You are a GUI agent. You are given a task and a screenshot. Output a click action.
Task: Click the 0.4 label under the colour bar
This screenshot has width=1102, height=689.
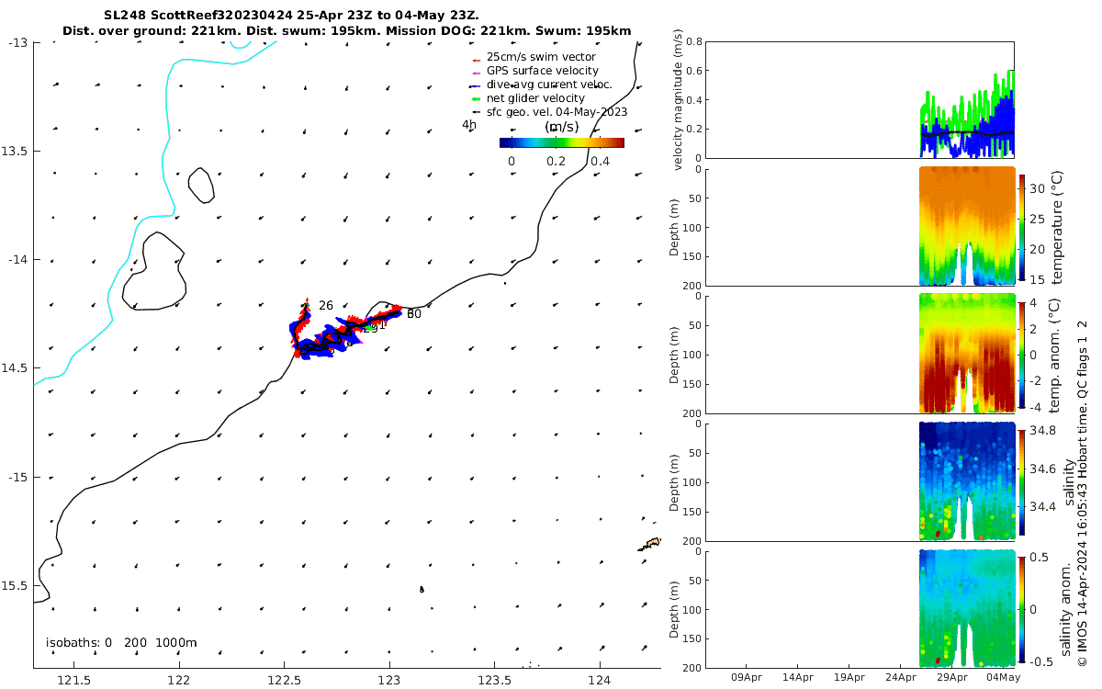[x=600, y=162]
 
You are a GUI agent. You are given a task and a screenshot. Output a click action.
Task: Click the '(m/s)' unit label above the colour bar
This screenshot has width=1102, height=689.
[x=561, y=127]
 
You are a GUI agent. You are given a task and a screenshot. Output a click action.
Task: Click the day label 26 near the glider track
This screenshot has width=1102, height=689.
[x=326, y=305]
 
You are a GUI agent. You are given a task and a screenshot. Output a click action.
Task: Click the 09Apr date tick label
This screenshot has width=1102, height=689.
[x=746, y=678]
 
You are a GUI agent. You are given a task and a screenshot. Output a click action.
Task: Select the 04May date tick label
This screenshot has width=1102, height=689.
[x=1003, y=678]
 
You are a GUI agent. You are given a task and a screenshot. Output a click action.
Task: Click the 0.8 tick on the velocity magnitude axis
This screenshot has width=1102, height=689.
[x=694, y=42]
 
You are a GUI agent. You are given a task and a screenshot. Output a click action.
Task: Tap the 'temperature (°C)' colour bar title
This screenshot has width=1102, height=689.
[x=1056, y=227]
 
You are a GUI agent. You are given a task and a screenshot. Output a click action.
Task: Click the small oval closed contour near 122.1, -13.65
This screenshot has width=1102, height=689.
[x=201, y=186]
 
